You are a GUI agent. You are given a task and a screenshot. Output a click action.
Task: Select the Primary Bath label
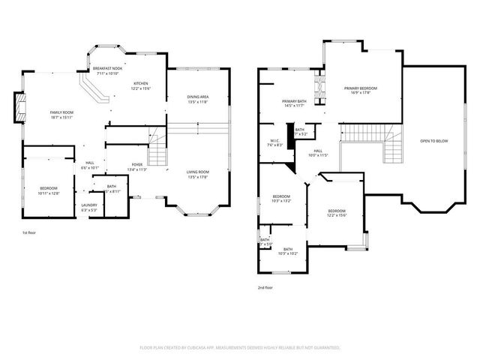293,103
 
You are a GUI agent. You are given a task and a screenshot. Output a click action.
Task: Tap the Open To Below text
434,141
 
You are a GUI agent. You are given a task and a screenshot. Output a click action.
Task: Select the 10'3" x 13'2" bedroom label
281,199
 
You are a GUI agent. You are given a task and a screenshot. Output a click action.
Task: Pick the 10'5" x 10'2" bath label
287,251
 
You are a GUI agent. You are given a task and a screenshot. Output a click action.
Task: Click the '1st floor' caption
30,233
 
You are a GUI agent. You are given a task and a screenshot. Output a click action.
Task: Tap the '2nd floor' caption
266,286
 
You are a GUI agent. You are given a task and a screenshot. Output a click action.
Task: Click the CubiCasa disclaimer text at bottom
240,348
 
